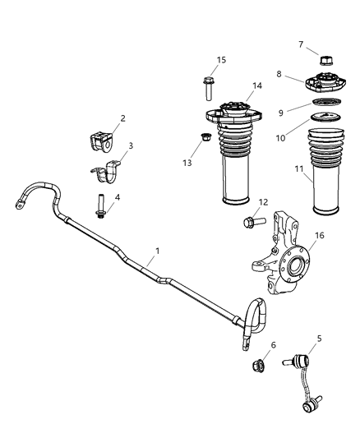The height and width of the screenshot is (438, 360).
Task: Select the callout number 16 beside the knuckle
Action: coord(320,236)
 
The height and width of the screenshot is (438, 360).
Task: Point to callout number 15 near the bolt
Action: coord(221,60)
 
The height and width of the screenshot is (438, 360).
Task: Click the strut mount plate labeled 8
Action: coord(326,85)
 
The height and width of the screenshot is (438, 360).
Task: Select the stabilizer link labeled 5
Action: coord(299,382)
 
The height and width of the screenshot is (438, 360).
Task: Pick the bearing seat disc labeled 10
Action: coord(327,119)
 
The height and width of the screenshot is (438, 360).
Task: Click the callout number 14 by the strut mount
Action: coord(257,85)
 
